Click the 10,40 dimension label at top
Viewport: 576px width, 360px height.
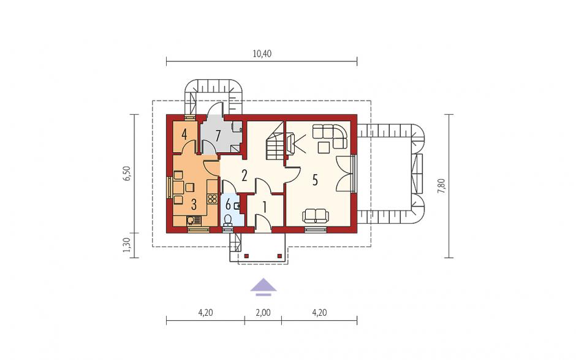point(262,54)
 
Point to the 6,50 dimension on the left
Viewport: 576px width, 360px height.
point(127,174)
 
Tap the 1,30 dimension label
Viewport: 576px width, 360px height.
point(127,245)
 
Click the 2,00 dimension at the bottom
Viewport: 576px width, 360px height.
point(263,313)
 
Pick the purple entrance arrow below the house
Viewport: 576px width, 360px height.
point(263,287)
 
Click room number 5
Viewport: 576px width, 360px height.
point(315,180)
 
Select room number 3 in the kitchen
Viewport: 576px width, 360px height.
point(194,204)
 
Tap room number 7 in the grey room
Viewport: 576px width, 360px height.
point(218,136)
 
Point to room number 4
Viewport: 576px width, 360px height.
point(184,134)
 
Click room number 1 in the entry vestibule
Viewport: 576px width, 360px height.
point(264,207)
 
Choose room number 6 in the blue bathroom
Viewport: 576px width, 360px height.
point(228,204)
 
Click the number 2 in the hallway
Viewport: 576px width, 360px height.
point(244,176)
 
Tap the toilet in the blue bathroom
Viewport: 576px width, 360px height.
point(228,220)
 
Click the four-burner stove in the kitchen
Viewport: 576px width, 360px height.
point(213,199)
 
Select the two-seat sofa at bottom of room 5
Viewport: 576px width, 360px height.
point(314,216)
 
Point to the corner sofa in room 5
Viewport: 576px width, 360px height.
point(330,136)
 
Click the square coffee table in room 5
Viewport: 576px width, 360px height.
point(324,147)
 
